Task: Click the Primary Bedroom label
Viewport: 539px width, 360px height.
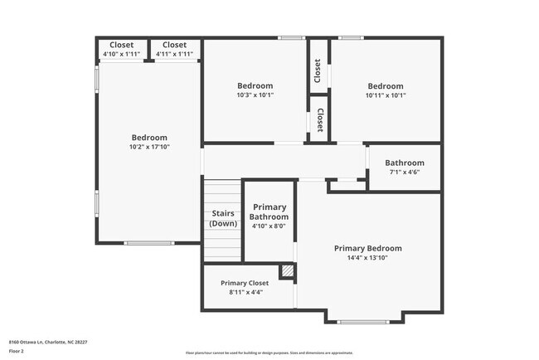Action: point(367,248)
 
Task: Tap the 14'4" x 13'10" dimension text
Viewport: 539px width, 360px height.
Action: point(367,258)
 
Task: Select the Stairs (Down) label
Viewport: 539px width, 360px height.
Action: point(222,218)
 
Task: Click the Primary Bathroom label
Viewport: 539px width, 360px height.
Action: point(269,212)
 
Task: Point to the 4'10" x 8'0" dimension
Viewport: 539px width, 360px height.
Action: point(269,226)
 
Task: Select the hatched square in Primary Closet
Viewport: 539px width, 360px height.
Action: point(287,271)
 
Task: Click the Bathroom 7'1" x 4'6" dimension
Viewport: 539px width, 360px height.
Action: point(404,173)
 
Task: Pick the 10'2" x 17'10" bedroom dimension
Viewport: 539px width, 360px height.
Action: point(149,148)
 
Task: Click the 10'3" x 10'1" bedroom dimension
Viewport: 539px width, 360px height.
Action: point(255,95)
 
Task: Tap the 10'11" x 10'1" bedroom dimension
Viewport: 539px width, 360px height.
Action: point(386,95)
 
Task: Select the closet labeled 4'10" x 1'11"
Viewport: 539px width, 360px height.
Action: point(122,54)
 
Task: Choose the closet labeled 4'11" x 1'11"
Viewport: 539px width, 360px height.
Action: point(174,54)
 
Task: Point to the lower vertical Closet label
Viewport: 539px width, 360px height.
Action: point(319,120)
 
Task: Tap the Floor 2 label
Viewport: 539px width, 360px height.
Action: point(17,352)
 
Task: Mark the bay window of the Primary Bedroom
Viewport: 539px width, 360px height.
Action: point(363,321)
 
